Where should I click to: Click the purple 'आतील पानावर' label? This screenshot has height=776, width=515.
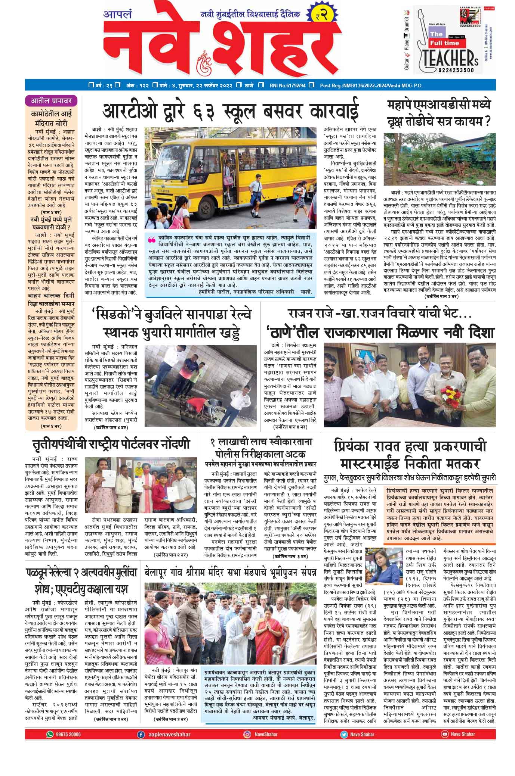coord(51,101)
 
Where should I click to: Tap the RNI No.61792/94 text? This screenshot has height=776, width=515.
coord(287,85)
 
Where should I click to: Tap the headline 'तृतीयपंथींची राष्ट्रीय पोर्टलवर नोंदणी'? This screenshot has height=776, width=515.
coord(111,445)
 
